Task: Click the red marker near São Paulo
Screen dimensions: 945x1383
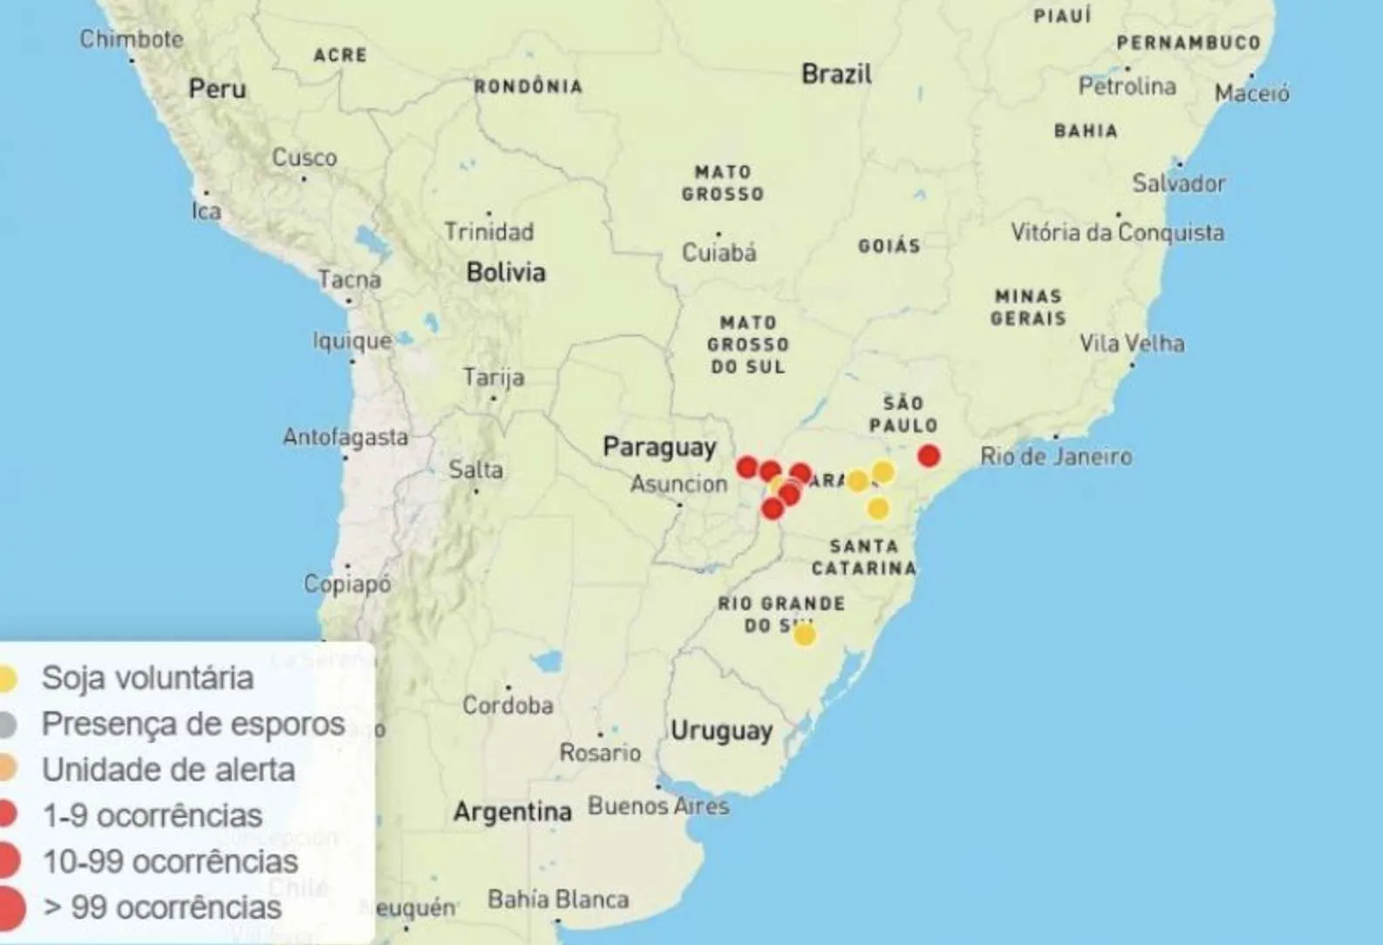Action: point(930,455)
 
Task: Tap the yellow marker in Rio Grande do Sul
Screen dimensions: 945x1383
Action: point(804,635)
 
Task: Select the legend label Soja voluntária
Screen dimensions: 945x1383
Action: point(147,678)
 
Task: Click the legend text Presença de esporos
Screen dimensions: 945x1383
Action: point(193,724)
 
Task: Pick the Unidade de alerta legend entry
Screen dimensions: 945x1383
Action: point(168,770)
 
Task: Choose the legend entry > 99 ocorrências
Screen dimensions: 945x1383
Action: point(162,908)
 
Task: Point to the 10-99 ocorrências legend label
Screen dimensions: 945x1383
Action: point(170,861)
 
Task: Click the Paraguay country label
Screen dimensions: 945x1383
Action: point(659,447)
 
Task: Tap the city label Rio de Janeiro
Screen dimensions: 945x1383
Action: point(1056,456)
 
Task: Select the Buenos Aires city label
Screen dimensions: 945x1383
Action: point(658,806)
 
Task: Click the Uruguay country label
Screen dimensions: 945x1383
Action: point(721,731)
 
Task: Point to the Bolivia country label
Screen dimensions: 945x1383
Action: point(506,272)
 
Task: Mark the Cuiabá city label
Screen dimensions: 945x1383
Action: point(719,252)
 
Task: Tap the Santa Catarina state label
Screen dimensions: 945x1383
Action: point(863,557)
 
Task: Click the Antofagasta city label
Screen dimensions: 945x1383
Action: point(345,437)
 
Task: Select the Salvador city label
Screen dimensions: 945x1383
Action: point(1179,183)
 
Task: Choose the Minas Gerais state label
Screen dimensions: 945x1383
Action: point(1028,307)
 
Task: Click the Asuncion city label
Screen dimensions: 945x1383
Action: point(678,484)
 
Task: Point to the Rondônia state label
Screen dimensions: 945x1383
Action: point(528,86)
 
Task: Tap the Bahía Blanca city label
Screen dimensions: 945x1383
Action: point(558,899)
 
